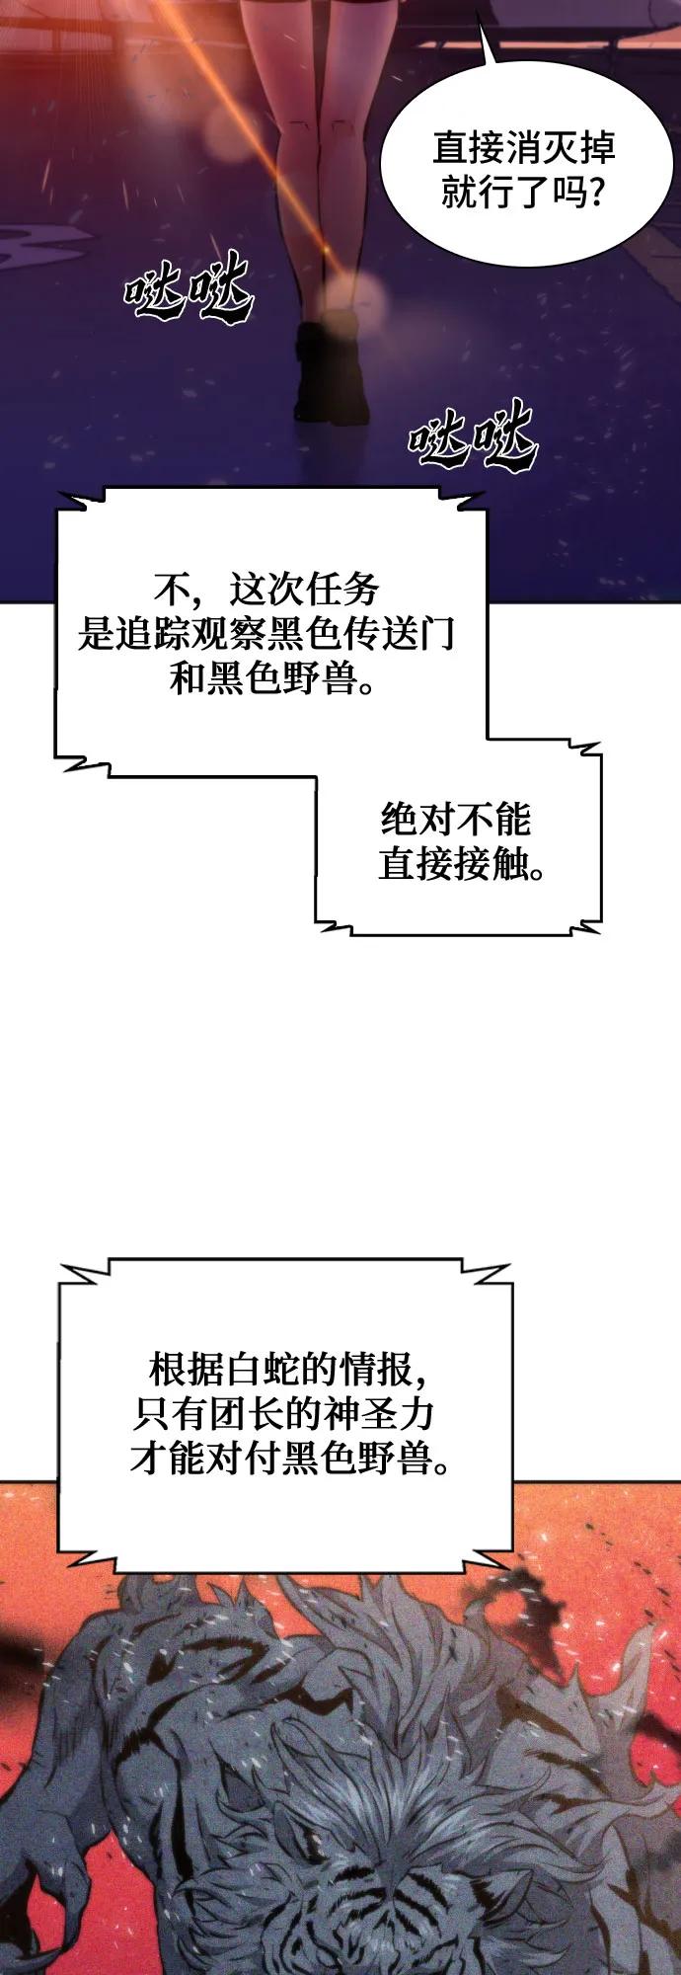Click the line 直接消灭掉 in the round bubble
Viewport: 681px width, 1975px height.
point(523,149)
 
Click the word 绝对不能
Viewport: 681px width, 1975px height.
point(456,820)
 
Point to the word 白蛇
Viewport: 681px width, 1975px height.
point(261,1370)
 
